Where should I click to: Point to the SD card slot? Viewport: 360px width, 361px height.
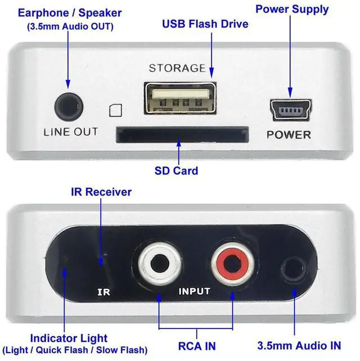pos(182,134)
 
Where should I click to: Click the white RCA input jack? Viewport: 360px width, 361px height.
pos(157,263)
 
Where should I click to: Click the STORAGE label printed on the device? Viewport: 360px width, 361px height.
pos(177,68)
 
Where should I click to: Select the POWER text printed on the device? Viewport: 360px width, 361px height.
pos(289,135)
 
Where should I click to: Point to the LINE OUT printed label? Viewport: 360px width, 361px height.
pos(71,132)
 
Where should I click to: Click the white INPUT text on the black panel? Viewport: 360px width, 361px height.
pos(194,292)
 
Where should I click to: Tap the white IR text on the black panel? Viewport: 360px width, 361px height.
pos(103,292)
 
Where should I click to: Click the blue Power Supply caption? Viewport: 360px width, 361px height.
pos(292,10)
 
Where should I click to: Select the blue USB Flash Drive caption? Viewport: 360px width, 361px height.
pos(205,24)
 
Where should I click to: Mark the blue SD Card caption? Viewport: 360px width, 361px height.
pos(177,170)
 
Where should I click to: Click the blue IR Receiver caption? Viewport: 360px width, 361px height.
pos(101,192)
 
